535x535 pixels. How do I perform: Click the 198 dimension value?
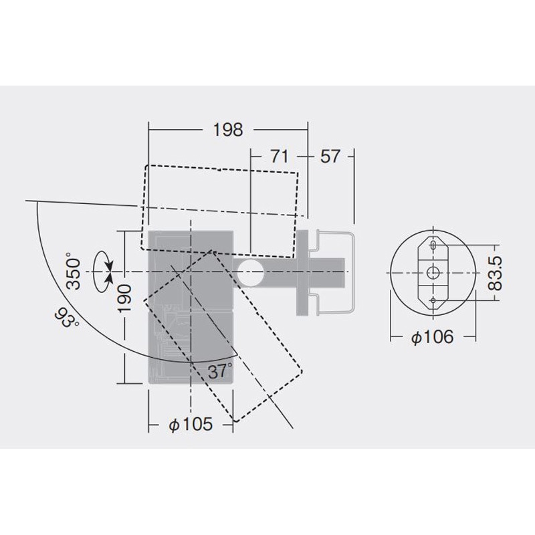pyautogui.click(x=228, y=130)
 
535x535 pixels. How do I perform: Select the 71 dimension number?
pyautogui.click(x=280, y=156)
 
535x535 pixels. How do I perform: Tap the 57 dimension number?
pyautogui.click(x=330, y=156)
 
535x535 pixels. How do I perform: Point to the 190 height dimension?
pyautogui.click(x=124, y=298)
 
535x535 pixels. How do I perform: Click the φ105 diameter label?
pyautogui.click(x=191, y=425)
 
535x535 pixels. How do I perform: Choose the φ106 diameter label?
pyautogui.click(x=432, y=337)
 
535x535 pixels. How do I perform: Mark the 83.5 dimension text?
pyautogui.click(x=496, y=274)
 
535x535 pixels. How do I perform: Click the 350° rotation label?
pyautogui.click(x=73, y=272)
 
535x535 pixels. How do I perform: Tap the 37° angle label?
pyautogui.click(x=220, y=371)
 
